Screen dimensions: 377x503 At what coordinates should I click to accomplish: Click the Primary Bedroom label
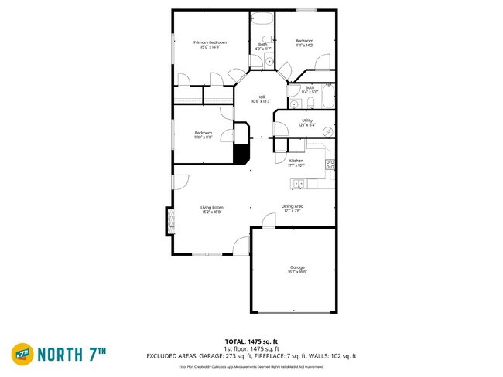click(x=206, y=44)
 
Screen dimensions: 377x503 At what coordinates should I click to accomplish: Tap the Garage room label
click(x=297, y=269)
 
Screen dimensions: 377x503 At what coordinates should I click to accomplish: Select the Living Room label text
click(x=211, y=208)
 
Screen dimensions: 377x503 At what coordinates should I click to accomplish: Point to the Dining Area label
click(x=292, y=208)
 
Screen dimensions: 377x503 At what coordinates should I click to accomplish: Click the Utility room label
click(x=306, y=121)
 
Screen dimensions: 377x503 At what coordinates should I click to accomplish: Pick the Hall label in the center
click(x=260, y=99)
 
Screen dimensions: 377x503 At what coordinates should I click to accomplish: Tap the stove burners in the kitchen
click(x=330, y=163)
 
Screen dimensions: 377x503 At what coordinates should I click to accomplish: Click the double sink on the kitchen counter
click(x=298, y=183)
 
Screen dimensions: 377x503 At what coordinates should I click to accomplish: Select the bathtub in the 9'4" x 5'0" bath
click(x=328, y=98)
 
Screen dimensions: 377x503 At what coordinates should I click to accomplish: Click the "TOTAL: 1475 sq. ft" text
click(x=251, y=341)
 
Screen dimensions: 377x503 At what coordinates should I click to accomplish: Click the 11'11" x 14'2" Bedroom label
click(x=304, y=43)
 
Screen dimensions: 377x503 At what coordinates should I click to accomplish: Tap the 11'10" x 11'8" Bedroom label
click(x=204, y=135)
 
